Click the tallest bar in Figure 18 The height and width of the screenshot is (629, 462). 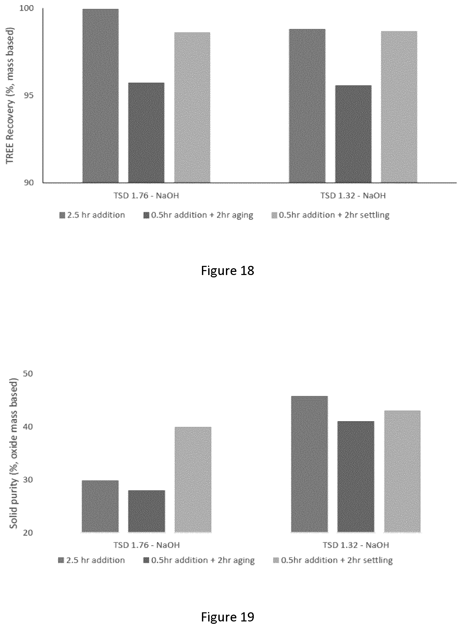100,96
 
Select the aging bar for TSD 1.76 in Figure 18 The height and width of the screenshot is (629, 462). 146,133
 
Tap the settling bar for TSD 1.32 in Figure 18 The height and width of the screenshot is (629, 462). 399,107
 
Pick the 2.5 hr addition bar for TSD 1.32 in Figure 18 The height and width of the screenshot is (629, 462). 307,106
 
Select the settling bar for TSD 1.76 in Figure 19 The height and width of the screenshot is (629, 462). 193,479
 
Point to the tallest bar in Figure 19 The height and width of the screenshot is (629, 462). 309,464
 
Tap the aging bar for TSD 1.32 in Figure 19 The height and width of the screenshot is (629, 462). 356,477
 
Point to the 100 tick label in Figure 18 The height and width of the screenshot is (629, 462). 26,8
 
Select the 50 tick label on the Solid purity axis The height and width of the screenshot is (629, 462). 28,374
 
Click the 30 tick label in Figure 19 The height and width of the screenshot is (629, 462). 28,479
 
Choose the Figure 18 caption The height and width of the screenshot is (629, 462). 227,271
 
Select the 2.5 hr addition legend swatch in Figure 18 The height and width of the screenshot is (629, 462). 62,215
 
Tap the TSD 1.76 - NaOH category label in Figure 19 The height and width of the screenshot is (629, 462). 146,545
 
